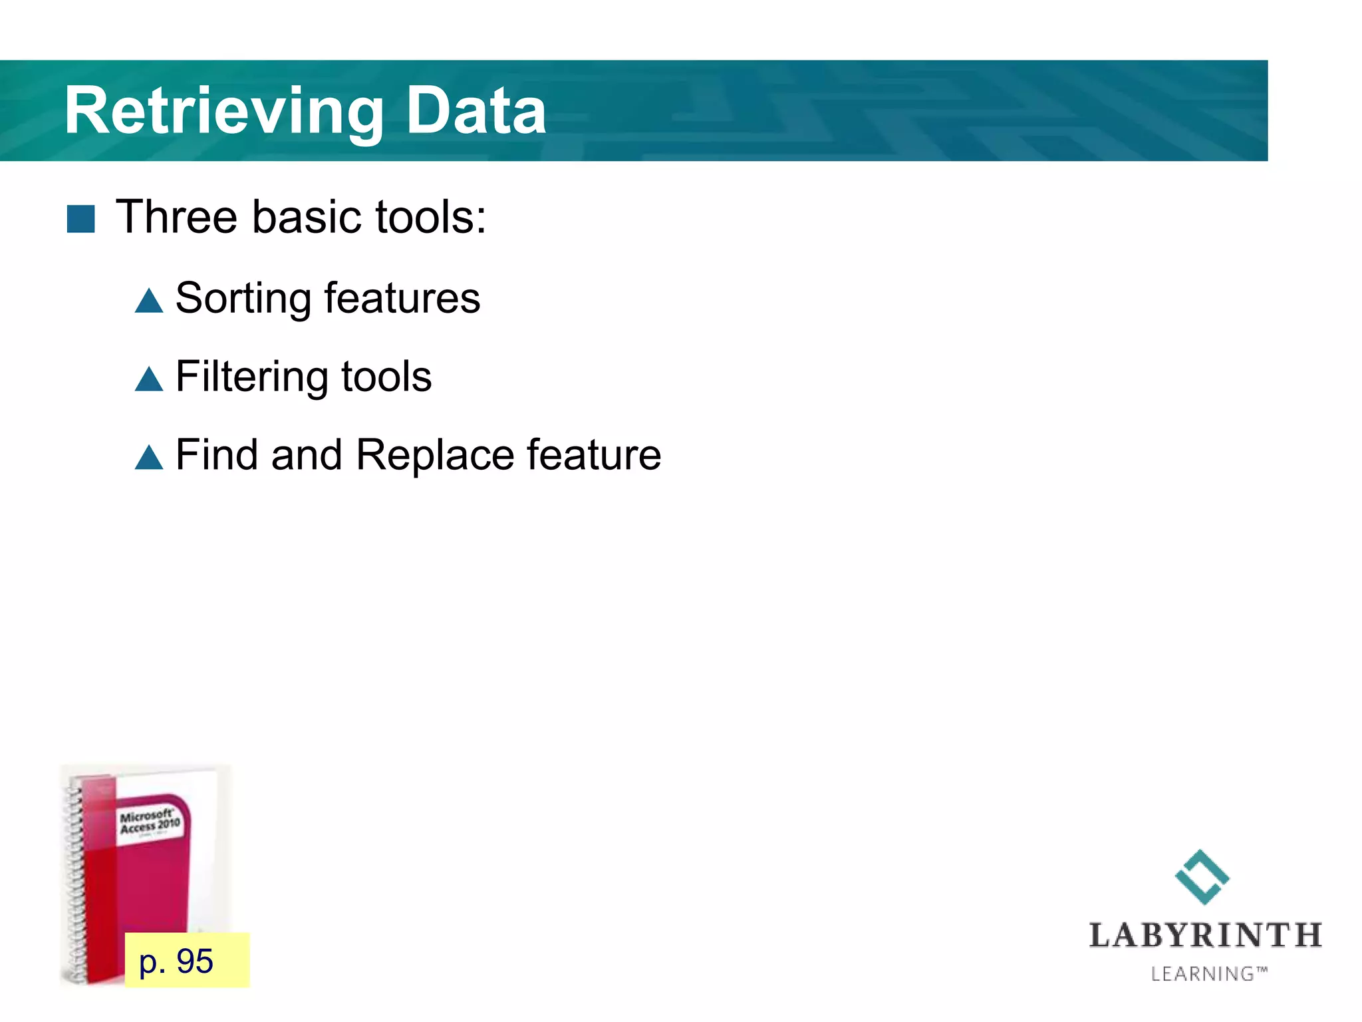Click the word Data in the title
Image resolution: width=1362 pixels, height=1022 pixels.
coord(476,111)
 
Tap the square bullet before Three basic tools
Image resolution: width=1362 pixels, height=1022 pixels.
coord(81,219)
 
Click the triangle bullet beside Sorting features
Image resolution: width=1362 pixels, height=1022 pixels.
coord(149,301)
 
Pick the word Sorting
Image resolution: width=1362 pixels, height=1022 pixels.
coord(243,299)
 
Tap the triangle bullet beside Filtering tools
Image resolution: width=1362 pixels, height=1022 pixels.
coord(149,379)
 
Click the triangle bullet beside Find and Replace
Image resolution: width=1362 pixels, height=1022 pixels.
coord(149,458)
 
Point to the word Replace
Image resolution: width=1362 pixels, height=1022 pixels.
coord(435,455)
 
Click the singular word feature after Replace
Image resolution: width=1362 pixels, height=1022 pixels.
coord(594,455)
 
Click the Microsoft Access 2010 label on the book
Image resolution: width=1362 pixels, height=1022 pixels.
coord(150,822)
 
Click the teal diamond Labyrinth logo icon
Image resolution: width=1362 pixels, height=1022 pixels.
coord(1202,877)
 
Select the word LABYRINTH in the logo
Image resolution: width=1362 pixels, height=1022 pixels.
coord(1205,936)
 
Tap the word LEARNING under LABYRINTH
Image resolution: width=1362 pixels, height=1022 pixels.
coord(1202,974)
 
